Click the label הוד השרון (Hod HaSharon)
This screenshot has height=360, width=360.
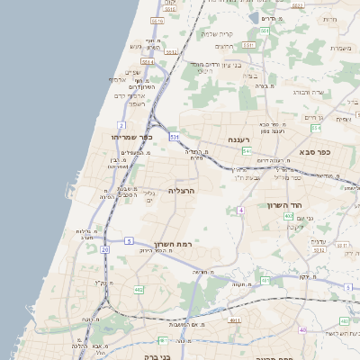(287, 205)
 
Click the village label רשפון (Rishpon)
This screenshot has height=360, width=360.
(136, 103)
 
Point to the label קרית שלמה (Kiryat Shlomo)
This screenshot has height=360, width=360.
(216, 33)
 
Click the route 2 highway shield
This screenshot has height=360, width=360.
(121, 124)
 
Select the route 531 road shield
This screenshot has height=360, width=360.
(174, 136)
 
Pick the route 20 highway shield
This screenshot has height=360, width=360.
(105, 248)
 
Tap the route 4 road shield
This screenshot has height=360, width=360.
(241, 210)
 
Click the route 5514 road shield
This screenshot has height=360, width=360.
(147, 61)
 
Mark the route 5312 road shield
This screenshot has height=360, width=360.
(319, 251)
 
